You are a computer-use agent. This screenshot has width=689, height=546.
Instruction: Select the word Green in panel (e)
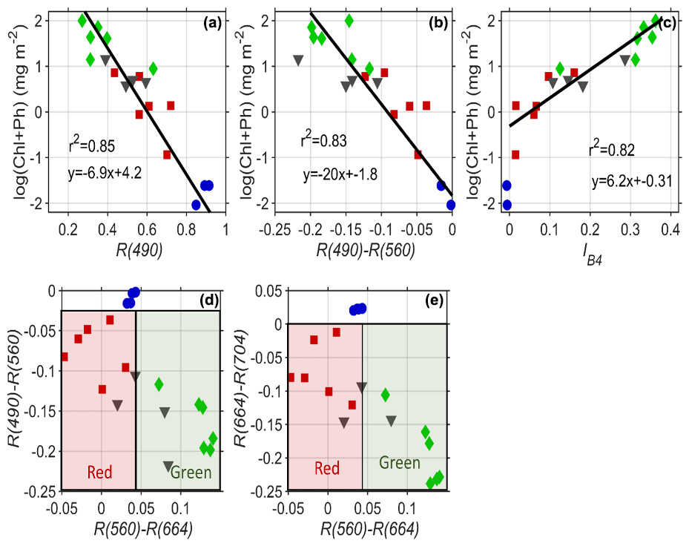coord(400,464)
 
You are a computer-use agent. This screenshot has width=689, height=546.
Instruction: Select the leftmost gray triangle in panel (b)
coord(299,60)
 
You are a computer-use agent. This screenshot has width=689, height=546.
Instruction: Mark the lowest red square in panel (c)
coord(515,154)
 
